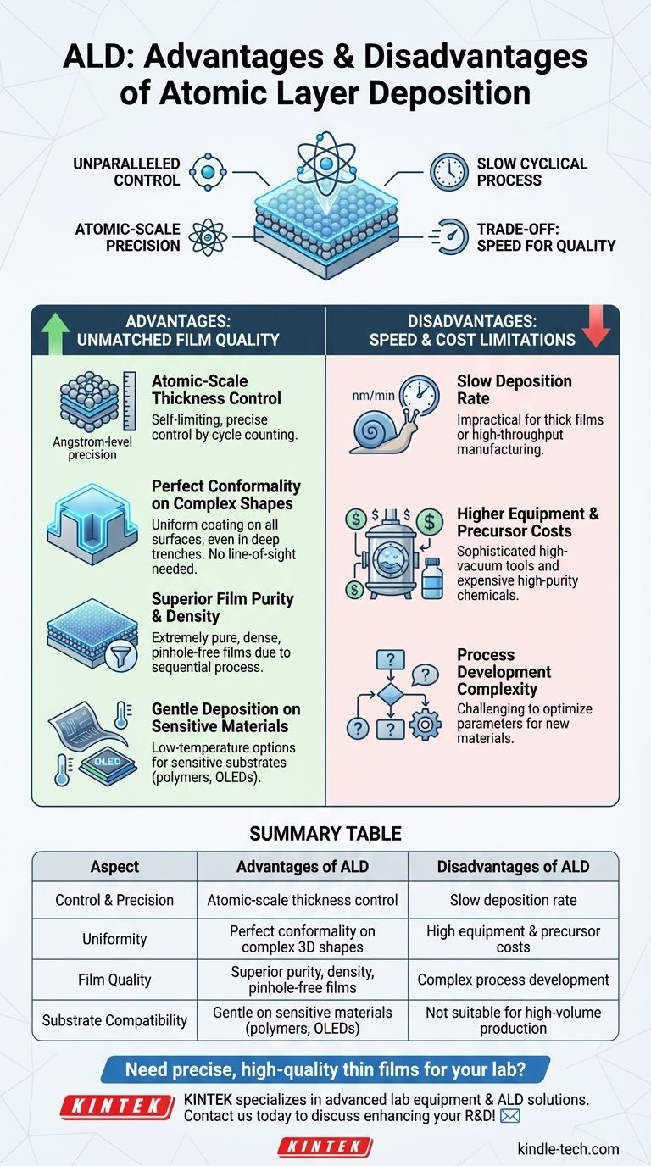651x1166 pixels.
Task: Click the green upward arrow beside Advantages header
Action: coord(55,332)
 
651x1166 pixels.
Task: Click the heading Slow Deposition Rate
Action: coord(514,390)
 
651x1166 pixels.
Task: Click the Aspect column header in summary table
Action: coord(114,867)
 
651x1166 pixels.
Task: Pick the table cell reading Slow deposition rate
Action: coord(513,900)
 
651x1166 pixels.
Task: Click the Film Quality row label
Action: coord(114,980)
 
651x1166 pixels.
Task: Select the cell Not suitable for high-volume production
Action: coord(513,1020)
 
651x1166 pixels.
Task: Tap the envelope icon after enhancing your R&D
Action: coord(509,1116)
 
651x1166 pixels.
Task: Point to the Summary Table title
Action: coord(325,834)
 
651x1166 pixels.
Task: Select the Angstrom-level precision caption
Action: coord(84,449)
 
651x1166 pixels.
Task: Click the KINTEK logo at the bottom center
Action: coord(325,1147)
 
